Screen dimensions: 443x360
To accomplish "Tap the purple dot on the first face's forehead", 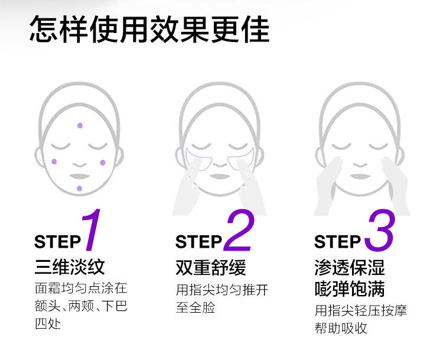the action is [x=80, y=125].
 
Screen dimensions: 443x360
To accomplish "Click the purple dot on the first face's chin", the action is [x=79, y=188].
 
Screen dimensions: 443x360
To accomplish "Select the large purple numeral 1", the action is [x=92, y=231].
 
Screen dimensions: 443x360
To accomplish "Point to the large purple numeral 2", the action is [x=239, y=231].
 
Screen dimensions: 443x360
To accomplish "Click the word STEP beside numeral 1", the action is [x=57, y=242].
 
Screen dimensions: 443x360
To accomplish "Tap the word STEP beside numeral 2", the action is [x=198, y=242].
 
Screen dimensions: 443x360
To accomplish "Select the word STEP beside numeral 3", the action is [x=337, y=242].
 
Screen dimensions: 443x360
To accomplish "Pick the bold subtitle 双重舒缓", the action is [x=211, y=267].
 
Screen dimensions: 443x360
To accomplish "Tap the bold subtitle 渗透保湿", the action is [x=350, y=267].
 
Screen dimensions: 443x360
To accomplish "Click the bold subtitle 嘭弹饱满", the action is [x=350, y=288].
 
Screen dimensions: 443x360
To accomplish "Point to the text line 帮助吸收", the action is [x=341, y=328].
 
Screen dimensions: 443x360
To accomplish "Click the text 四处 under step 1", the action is [x=48, y=325].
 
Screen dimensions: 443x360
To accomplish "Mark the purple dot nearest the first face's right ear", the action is [x=102, y=163].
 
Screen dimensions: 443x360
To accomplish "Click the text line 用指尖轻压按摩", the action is [x=360, y=310].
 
